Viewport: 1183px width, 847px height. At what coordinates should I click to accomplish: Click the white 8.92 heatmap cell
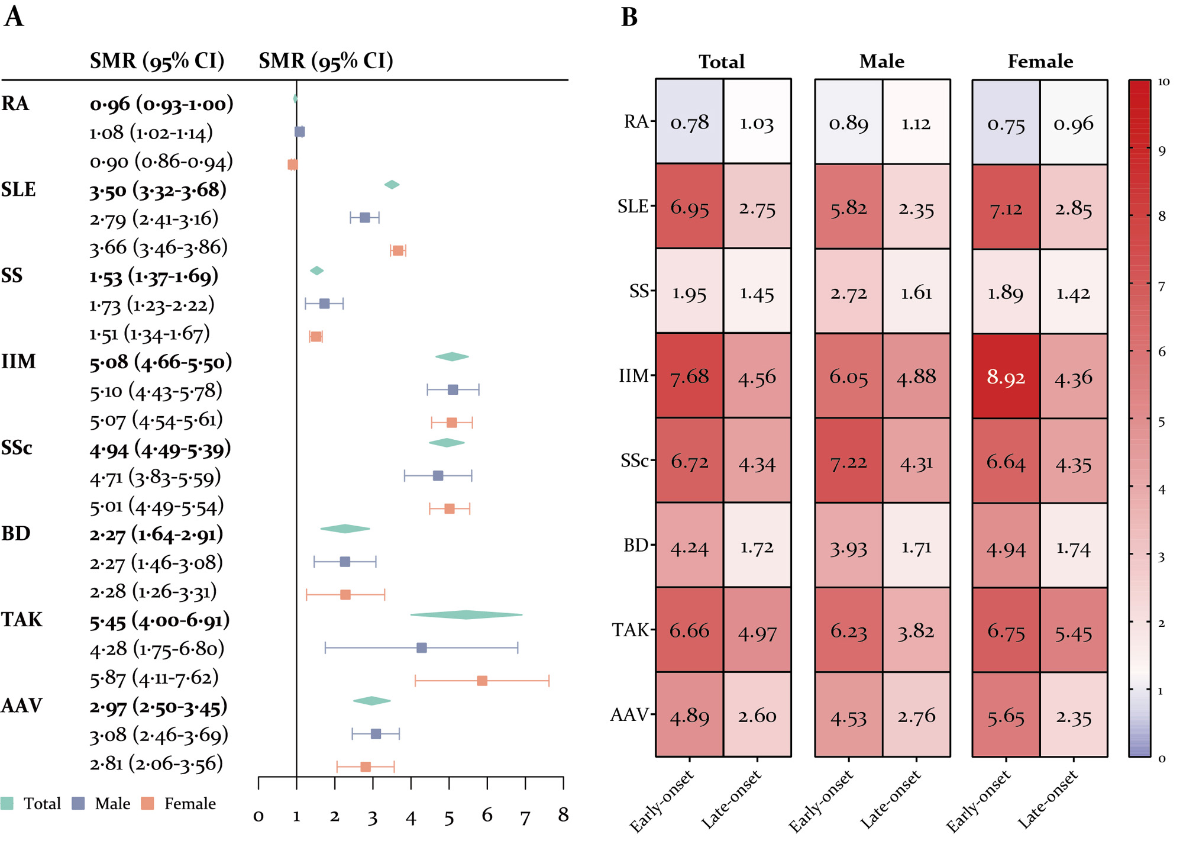(x=1006, y=376)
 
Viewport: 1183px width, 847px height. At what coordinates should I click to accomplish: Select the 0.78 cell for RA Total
(x=689, y=123)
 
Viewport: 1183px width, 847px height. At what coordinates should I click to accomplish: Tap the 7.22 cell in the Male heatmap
(x=848, y=461)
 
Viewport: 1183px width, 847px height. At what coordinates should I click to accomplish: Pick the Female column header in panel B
(x=1040, y=62)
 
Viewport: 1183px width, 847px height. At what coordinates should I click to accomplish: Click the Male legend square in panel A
(x=78, y=803)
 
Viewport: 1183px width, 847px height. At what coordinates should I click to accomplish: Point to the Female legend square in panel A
(x=147, y=803)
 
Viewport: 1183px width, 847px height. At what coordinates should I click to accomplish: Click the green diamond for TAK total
(x=466, y=615)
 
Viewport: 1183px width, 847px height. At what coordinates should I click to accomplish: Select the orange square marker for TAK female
(x=482, y=681)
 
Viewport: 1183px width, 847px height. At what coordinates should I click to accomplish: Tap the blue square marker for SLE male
(x=365, y=217)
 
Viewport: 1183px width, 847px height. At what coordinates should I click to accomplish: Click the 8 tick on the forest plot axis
(x=563, y=815)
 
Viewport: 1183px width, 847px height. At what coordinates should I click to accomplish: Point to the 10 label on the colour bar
(x=1163, y=82)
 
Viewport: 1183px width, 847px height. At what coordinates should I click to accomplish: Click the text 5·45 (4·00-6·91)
(x=160, y=620)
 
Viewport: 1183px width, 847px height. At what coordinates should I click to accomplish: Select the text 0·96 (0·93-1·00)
(x=161, y=104)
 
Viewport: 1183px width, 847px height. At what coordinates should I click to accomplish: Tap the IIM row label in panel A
(x=19, y=361)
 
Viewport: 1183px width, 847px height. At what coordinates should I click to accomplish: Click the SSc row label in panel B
(x=635, y=460)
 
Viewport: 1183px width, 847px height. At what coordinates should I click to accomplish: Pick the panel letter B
(x=629, y=17)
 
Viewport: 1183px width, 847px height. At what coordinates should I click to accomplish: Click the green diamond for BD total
(x=345, y=529)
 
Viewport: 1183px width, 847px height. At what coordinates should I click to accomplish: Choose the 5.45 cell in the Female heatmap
(x=1074, y=633)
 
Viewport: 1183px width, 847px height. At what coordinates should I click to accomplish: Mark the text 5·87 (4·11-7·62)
(x=154, y=677)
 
